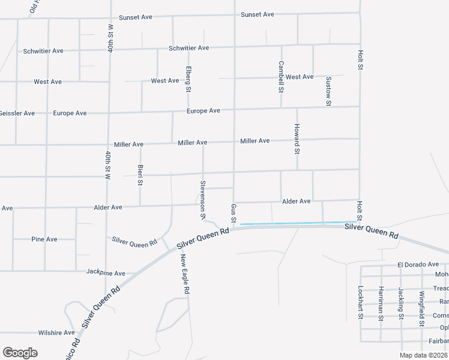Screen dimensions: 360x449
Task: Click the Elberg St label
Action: pyautogui.click(x=188, y=79)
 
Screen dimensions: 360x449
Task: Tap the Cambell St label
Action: pyautogui.click(x=280, y=76)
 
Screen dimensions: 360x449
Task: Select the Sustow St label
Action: pyautogui.click(x=328, y=91)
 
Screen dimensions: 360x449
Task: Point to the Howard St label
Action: pyautogui.click(x=297, y=139)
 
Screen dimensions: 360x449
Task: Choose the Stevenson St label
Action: pyautogui.click(x=203, y=199)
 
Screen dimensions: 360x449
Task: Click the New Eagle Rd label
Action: pyautogui.click(x=186, y=274)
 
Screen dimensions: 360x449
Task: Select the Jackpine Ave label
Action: pyautogui.click(x=106, y=273)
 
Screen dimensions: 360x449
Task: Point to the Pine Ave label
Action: pyautogui.click(x=44, y=239)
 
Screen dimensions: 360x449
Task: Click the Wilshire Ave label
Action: pyautogui.click(x=56, y=332)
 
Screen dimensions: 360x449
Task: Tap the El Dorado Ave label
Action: pyautogui.click(x=418, y=265)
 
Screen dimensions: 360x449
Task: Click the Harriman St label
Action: pyautogui.click(x=381, y=304)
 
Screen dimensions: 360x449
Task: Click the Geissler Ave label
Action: pyautogui.click(x=16, y=113)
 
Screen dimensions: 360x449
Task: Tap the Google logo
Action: pyautogui.click(x=20, y=353)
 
